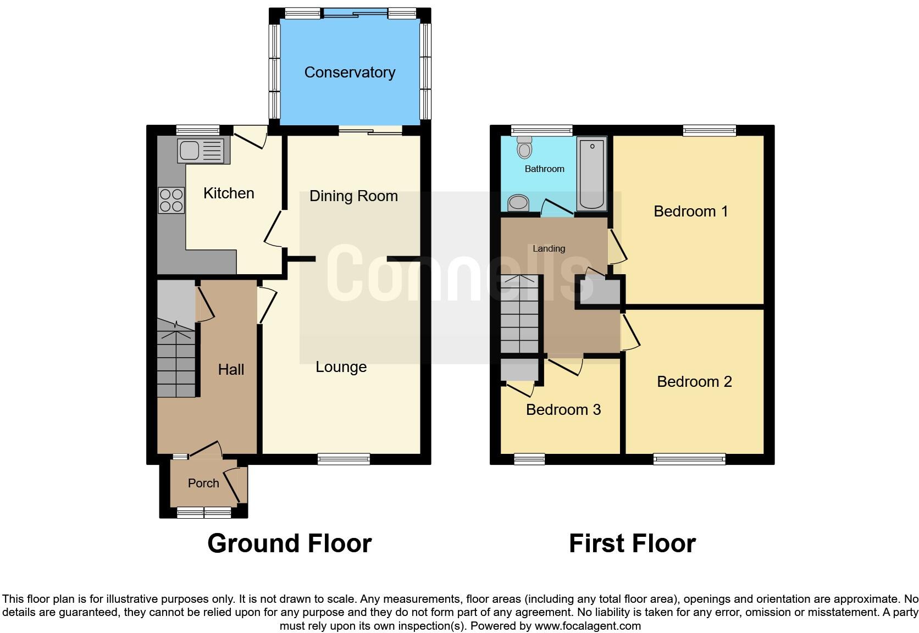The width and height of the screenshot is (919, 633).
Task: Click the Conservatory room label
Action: [x=350, y=72]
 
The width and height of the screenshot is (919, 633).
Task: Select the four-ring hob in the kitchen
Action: [x=171, y=200]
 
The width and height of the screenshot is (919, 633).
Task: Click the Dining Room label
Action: [x=353, y=196]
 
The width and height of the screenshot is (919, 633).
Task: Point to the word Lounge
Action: [x=341, y=367]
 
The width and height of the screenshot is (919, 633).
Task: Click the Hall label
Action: [x=231, y=370]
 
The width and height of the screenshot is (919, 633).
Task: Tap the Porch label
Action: [x=203, y=484]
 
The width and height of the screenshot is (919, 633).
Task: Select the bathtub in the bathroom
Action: [x=592, y=173]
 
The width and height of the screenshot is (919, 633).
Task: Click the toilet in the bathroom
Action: [x=525, y=147]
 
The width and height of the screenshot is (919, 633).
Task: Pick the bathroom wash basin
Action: [x=518, y=203]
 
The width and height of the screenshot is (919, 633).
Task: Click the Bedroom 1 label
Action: [x=690, y=212]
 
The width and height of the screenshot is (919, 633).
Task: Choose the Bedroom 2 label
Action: [x=694, y=382]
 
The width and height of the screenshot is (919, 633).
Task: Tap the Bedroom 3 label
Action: [x=563, y=410]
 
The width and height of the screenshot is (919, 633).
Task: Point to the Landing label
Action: [x=549, y=249]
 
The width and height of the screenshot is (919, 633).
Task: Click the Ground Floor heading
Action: [x=289, y=543]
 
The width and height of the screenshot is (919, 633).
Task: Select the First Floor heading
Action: [x=632, y=543]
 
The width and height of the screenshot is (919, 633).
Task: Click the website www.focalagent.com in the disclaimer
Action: [x=588, y=626]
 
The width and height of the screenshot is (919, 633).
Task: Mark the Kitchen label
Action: [x=229, y=193]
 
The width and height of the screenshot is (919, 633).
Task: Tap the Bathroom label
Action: [x=544, y=169]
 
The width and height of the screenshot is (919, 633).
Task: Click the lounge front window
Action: [x=344, y=459]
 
